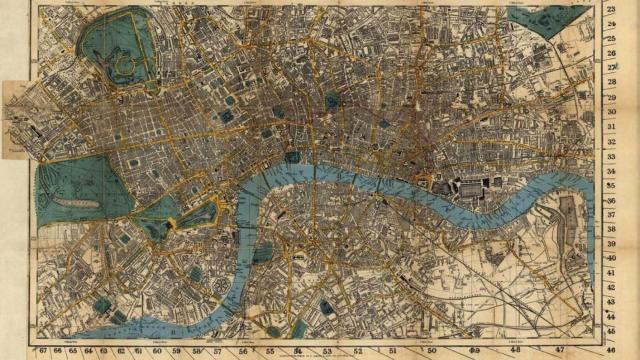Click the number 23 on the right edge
610,8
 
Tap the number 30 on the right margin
610,111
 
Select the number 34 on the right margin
610,171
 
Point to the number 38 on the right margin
610,228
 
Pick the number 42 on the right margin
610,287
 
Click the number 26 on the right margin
610,53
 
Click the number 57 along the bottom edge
217,351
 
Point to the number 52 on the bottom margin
357,351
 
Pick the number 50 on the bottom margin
431,351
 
